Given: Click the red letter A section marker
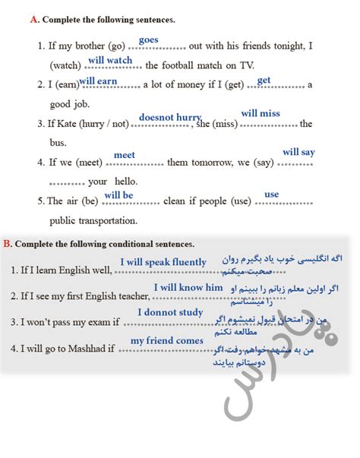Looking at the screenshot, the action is [33, 20].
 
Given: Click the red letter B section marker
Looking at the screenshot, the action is [7, 244].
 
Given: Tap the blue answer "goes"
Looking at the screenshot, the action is [148, 39].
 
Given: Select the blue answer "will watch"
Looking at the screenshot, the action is [110, 60].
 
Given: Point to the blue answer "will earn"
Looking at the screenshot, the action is [98, 81].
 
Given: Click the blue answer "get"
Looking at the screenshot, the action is [264, 80].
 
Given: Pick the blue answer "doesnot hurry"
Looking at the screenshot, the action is [170, 117].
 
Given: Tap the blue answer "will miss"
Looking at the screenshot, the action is [261, 113].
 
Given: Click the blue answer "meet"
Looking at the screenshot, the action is [125, 155].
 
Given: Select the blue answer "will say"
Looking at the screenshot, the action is [298, 152].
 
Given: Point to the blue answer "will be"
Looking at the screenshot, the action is [118, 195].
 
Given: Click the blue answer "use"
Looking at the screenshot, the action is [271, 194].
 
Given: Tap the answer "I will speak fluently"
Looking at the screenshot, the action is [163, 262].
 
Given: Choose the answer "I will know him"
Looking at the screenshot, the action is [188, 287].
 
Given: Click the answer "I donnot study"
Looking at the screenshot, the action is [170, 312].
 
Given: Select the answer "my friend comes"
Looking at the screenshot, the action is [167, 340].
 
